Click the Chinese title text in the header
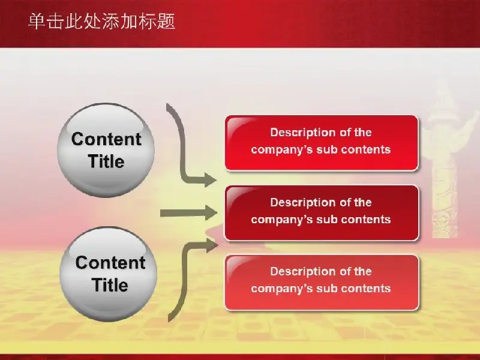[101, 22]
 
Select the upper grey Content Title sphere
[106, 150]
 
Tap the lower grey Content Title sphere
[108, 274]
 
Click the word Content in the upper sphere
[106, 139]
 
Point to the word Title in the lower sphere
[110, 285]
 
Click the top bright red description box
[322, 143]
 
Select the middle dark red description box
[322, 213]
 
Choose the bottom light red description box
[322, 282]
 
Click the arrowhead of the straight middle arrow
[211, 213]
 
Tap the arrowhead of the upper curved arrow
[211, 179]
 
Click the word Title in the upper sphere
[106, 161]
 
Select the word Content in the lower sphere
[110, 263]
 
